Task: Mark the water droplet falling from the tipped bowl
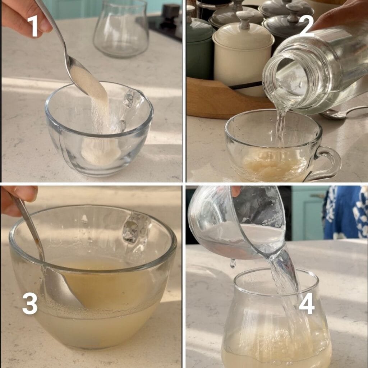[233, 264]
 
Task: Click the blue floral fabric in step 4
[345, 212]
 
